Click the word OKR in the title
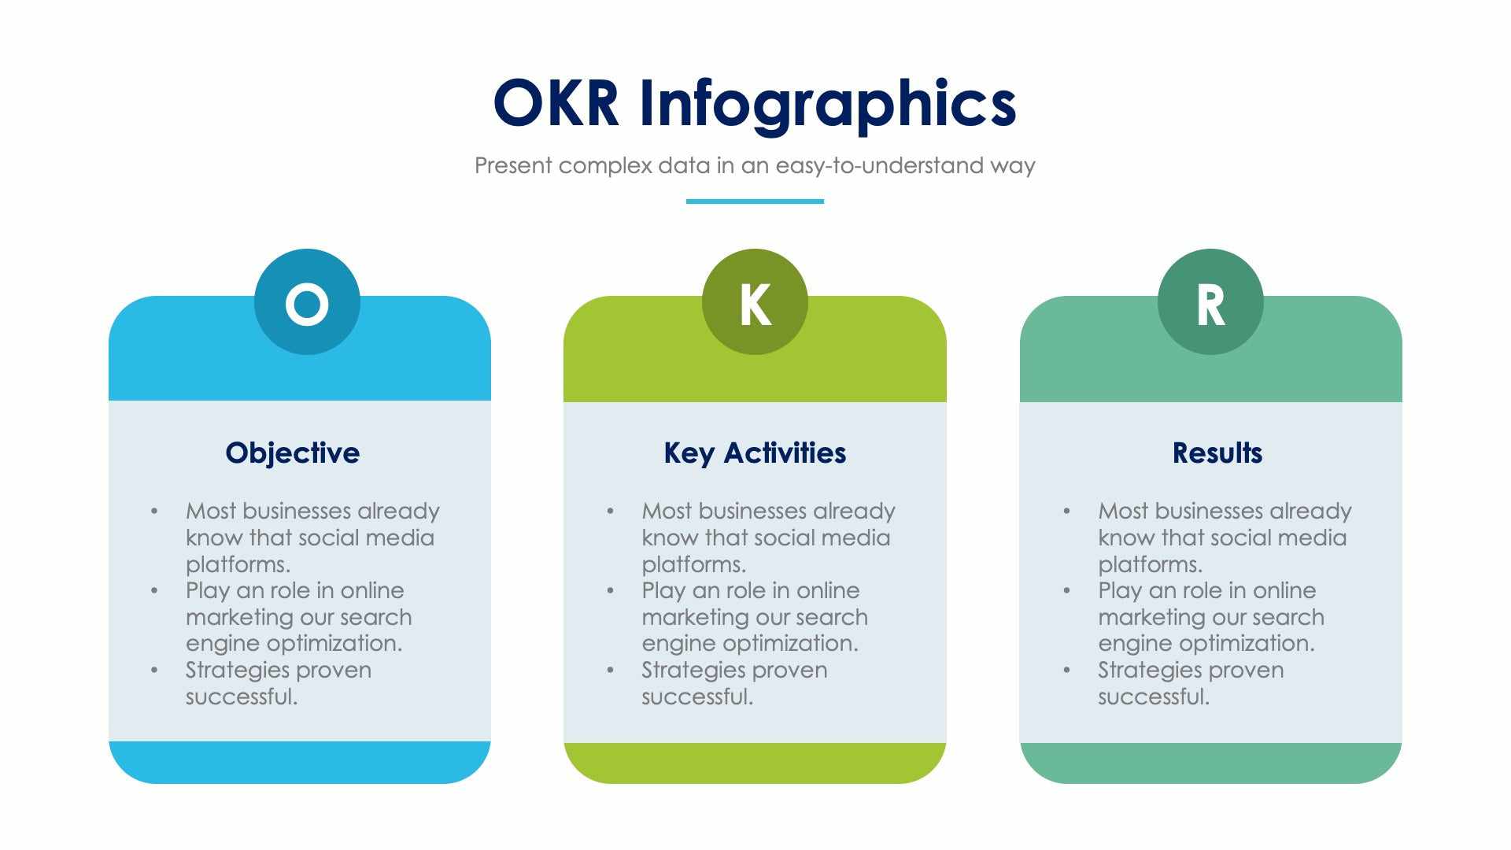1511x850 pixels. (x=556, y=103)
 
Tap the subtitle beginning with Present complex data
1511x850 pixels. (x=755, y=165)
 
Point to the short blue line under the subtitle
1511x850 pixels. (x=755, y=201)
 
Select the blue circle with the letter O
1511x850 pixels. (x=307, y=302)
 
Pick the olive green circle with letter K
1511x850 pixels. (x=755, y=302)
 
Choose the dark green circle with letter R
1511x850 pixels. (x=1210, y=302)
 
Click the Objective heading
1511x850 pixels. (x=292, y=453)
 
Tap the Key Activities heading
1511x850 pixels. (x=755, y=453)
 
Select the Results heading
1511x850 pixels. (x=1217, y=453)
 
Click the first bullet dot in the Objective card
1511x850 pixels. (x=154, y=512)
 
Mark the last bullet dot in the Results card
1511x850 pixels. (x=1066, y=671)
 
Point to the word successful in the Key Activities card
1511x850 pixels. (x=696, y=697)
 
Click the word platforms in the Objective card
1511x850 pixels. (x=238, y=564)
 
